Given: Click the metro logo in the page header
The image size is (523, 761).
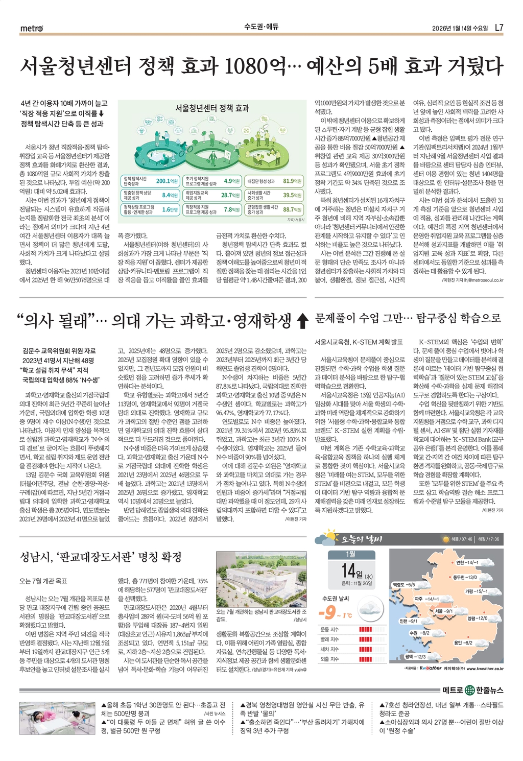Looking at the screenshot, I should point(32,28).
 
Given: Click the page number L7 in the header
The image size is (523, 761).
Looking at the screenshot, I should point(499,28).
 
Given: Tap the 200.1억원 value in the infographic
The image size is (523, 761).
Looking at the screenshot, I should point(167,181).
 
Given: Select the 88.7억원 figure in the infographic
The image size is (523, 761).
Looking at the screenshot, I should point(292,209).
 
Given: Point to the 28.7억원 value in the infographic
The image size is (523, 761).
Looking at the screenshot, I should point(230,195).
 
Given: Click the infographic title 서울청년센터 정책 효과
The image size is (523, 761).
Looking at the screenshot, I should point(212,108).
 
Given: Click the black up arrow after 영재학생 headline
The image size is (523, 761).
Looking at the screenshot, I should point(302,321).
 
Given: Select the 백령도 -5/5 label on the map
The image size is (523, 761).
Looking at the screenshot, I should point(403,584).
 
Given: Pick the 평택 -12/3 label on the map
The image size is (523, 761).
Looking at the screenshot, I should point(415,656).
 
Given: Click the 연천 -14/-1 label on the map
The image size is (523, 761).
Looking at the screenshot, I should point(467,562).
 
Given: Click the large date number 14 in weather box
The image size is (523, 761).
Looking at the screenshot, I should point(349,570).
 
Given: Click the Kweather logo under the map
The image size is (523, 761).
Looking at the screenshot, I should point(430,668).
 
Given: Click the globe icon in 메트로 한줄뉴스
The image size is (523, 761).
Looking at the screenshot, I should point(470,691).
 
